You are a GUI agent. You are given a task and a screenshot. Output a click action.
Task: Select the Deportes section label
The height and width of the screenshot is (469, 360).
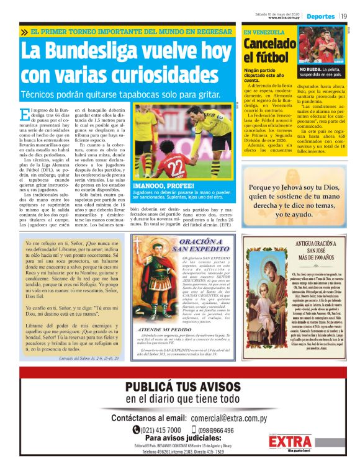tap(321, 16)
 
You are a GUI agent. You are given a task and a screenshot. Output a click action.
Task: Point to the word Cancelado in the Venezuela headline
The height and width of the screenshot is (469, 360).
tap(269, 44)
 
